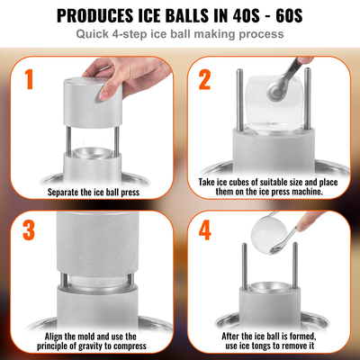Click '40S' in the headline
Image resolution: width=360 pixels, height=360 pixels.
pos(250,15)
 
